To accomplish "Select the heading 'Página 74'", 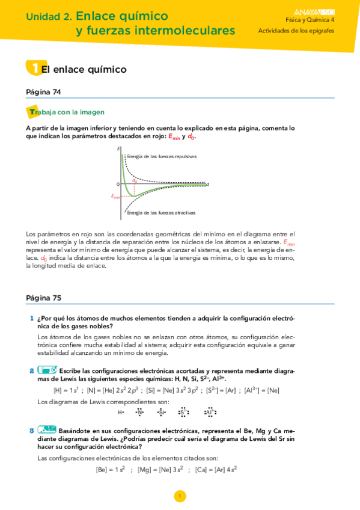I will [44, 92].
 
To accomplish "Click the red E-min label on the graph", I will [115, 196].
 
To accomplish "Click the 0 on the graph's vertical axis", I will [118, 183].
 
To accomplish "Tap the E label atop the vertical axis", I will [119, 149].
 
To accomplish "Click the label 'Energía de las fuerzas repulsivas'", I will [162, 156].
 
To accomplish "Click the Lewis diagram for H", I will [121, 413].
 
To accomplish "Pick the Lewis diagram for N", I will [140, 413].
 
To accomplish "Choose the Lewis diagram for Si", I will [160, 413].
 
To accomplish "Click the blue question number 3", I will [31, 431].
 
